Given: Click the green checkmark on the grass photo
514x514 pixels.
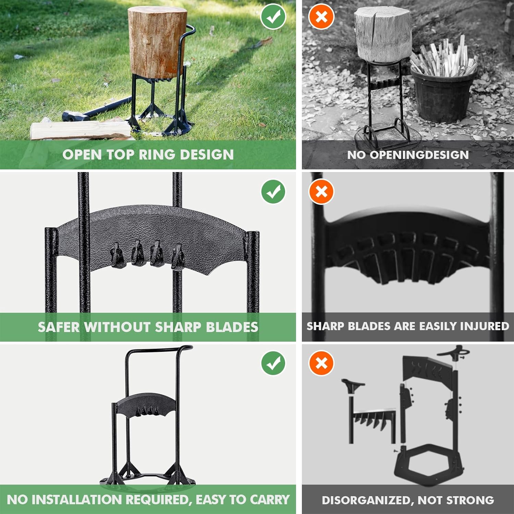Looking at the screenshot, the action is (273, 16).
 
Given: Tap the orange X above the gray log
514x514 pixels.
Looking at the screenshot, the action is (321, 16).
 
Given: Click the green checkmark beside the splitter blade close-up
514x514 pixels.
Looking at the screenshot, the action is (273, 191).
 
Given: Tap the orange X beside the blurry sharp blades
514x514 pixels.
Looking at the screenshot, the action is (321, 191).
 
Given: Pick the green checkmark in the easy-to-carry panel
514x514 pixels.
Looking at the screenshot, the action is (273, 363).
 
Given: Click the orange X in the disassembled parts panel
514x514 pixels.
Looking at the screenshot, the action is (321, 363).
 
